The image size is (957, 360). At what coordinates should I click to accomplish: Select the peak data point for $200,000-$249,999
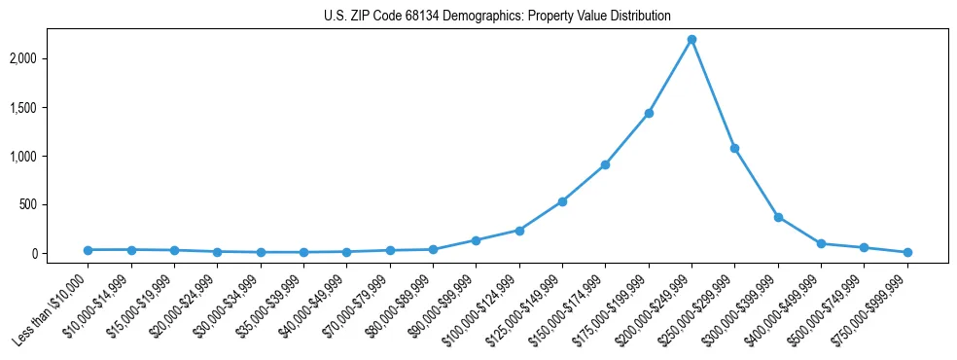(691, 39)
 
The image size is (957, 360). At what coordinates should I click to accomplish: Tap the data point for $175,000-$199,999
(649, 113)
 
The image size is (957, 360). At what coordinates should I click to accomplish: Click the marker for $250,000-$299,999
(734, 148)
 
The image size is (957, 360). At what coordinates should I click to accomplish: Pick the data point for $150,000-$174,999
(605, 164)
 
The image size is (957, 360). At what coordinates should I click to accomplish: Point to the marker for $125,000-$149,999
(562, 201)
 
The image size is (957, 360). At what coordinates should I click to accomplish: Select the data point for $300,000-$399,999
(778, 217)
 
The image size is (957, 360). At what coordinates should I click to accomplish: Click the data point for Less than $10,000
(89, 250)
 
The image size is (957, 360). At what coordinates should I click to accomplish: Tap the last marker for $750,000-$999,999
(907, 252)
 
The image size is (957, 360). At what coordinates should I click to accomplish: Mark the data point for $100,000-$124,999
(519, 231)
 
